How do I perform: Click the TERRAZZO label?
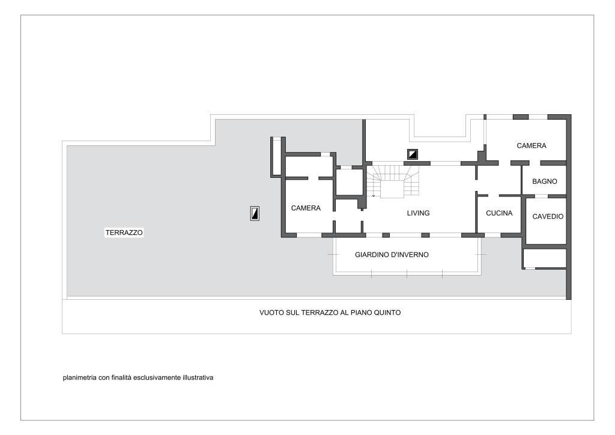tap(124, 233)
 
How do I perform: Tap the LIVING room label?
tap(418, 213)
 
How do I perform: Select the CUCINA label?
tap(499, 213)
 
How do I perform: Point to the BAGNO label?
tap(544, 181)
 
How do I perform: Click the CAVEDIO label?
tap(548, 216)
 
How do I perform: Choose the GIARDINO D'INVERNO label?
tap(392, 255)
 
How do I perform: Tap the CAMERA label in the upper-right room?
tap(531, 145)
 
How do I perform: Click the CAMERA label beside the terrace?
tap(306, 208)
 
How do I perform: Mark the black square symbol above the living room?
tap(412, 154)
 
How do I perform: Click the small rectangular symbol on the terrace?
tap(255, 213)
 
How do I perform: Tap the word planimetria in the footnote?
tap(80, 378)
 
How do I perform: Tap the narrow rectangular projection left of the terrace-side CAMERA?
tap(276, 156)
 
